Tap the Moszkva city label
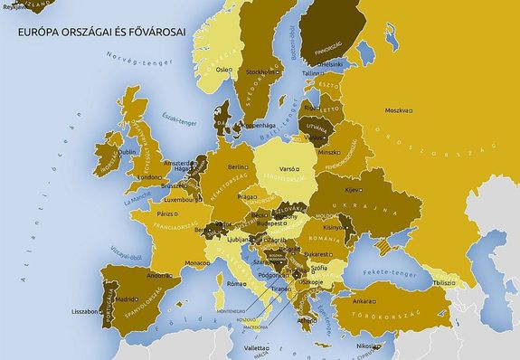(x=397, y=111)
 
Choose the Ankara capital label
(x=364, y=300)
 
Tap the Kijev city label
(x=351, y=190)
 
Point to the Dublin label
(x=101, y=152)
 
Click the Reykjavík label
(x=14, y=5)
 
